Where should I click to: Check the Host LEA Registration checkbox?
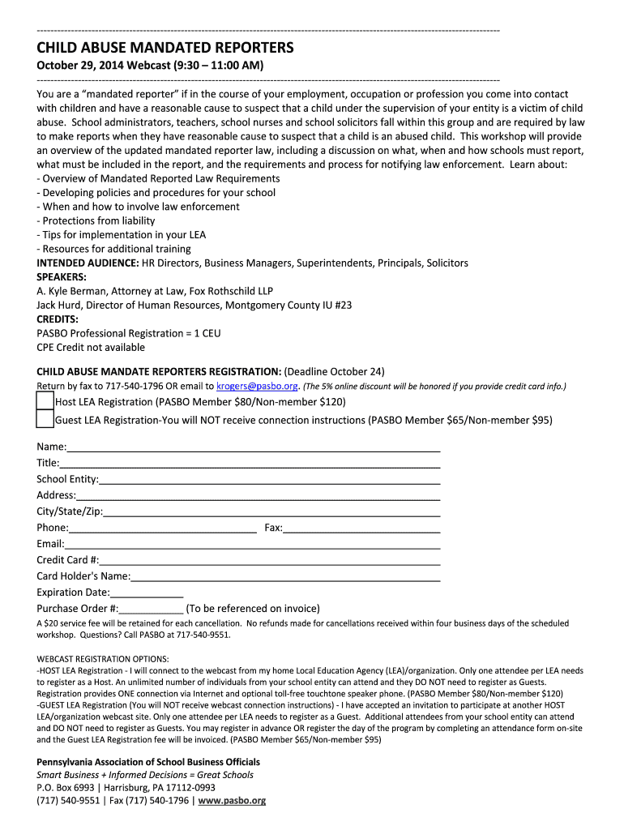45,401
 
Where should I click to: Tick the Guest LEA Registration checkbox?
45,419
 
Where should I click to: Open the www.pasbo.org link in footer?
232,800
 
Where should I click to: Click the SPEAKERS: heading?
62,276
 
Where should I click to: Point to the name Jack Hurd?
59,305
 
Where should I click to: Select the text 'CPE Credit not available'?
91,347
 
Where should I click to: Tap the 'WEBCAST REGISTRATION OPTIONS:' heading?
103,658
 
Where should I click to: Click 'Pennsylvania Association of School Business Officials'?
148,762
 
